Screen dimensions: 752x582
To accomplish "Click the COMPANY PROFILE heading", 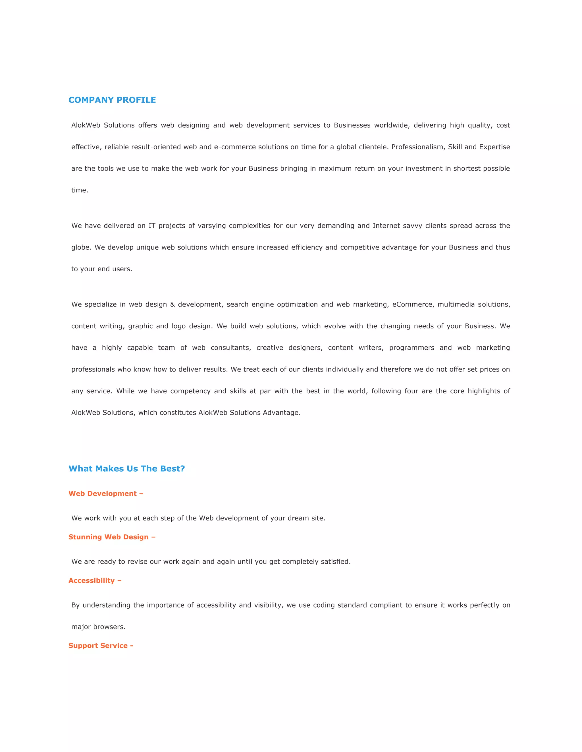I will click(112, 100).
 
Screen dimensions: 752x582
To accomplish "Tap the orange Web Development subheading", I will click(106, 493).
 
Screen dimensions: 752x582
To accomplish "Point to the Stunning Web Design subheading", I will click(112, 537).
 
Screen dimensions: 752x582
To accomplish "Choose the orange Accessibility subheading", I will click(95, 581).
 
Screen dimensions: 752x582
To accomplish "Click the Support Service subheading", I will click(101, 646).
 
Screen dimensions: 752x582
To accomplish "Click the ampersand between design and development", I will click(172, 304).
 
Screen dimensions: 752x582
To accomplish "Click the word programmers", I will click(412, 348).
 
